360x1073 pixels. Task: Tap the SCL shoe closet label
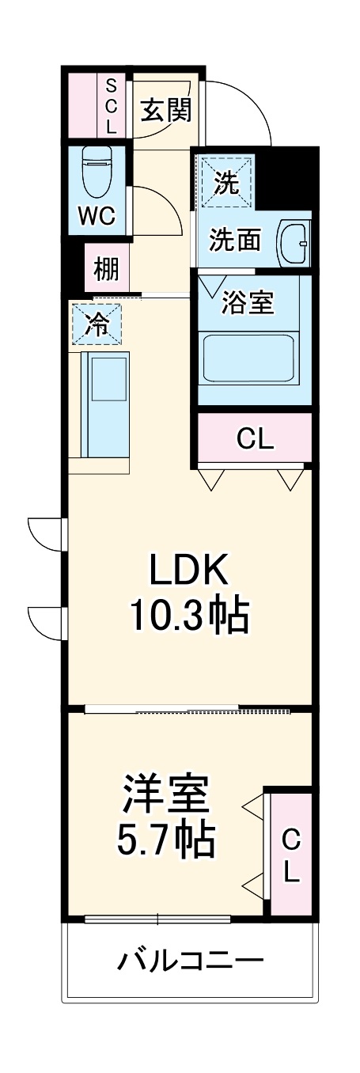click(111, 104)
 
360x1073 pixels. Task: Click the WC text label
click(97, 216)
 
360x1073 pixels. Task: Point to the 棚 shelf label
click(106, 270)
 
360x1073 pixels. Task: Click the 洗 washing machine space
click(226, 184)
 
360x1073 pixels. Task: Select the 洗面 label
click(235, 241)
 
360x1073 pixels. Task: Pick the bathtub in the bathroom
click(248, 358)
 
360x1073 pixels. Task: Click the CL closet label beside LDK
click(255, 440)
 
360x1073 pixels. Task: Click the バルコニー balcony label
click(190, 961)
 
